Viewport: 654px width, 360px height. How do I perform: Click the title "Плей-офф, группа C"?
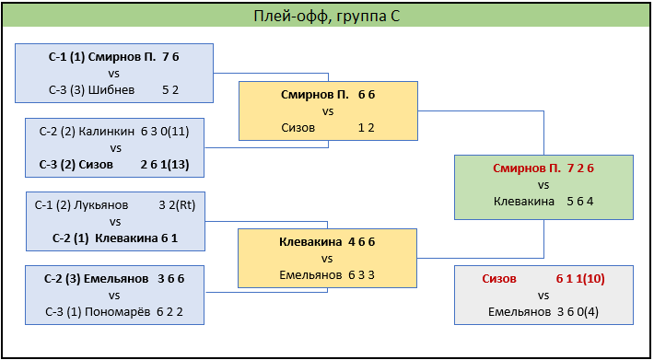point(327,16)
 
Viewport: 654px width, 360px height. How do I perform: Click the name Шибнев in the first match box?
point(111,90)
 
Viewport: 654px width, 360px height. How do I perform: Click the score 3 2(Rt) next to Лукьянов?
point(177,205)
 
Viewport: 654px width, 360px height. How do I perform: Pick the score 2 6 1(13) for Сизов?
point(165,165)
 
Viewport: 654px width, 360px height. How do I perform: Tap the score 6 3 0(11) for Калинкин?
point(165,132)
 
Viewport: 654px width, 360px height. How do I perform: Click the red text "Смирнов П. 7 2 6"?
point(543,168)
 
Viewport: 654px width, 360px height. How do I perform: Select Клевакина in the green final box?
point(524,202)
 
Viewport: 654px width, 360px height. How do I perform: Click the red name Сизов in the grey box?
point(499,279)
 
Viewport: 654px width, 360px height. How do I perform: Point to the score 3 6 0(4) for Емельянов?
point(578,312)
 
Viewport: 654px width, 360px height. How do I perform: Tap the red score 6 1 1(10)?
point(580,279)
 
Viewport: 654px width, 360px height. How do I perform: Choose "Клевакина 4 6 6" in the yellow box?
point(327,242)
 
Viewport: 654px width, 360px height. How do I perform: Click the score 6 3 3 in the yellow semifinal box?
point(361,275)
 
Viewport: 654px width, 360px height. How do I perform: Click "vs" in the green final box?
point(543,185)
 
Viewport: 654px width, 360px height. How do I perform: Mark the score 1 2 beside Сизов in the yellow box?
point(367,127)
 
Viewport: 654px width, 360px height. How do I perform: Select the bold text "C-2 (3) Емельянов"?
point(97,279)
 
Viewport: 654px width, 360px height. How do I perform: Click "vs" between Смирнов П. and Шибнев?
point(114,74)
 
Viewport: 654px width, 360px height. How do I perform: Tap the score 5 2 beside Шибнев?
point(170,90)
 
